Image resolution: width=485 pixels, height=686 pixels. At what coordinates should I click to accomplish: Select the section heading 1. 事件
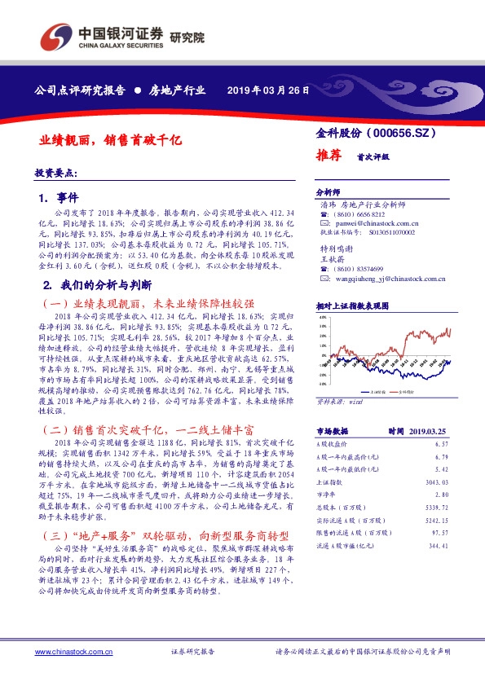pos(59,198)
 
